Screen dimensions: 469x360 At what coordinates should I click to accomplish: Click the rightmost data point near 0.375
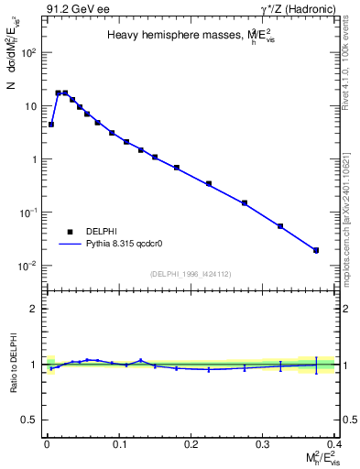tap(316, 250)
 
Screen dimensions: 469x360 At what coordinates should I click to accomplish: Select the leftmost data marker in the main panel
tap(51, 124)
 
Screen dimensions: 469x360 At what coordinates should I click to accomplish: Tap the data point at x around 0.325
tap(280, 225)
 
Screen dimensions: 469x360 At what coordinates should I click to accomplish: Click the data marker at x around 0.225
tap(209, 183)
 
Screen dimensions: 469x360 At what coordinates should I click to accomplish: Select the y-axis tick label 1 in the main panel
tap(34, 159)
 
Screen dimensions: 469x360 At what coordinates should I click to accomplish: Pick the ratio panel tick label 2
tap(33, 309)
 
